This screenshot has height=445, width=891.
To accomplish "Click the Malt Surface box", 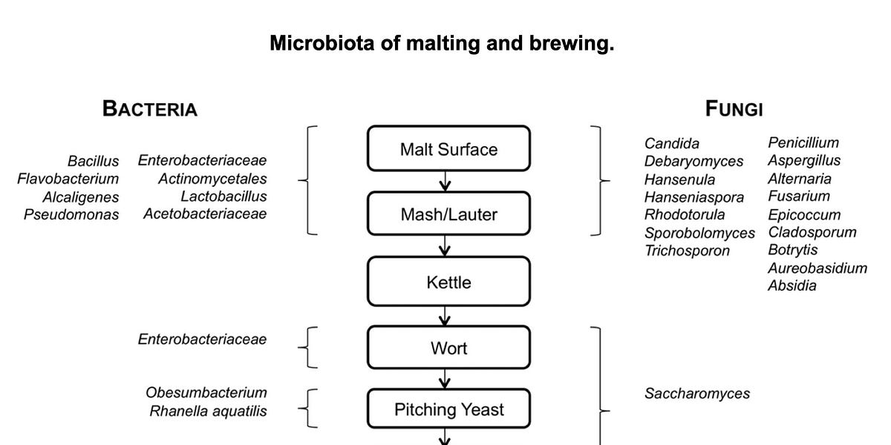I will pos(448,149).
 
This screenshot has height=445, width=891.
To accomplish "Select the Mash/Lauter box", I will pos(448,215).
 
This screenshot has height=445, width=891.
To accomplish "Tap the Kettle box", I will pos(448,282).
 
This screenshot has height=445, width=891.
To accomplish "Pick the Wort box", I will pos(448,348).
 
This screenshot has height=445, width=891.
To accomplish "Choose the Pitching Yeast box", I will pos(448,409).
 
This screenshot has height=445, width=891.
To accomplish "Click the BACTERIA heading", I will pos(150,109).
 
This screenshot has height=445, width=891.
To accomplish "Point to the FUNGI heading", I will pos(734,109).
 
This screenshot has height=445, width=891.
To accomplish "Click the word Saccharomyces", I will pos(696,394).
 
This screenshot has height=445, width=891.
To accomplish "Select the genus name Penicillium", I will pos(803,142).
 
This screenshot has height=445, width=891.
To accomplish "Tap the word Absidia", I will pos(792,286).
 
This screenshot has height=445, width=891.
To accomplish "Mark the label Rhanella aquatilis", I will pos(208,411).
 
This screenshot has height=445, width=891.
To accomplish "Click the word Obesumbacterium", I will pos(206,392).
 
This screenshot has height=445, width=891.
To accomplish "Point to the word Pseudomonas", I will pos(71,215).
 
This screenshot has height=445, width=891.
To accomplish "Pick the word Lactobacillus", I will pos(223,197).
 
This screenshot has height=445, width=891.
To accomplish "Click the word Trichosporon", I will pos(687,251).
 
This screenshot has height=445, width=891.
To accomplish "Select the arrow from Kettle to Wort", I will pos(445,317).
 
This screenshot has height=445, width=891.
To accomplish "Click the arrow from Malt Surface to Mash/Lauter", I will pos(445,182).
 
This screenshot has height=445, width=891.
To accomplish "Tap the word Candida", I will pos(671,143).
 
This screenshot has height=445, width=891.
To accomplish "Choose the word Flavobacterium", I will pos(68,179).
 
